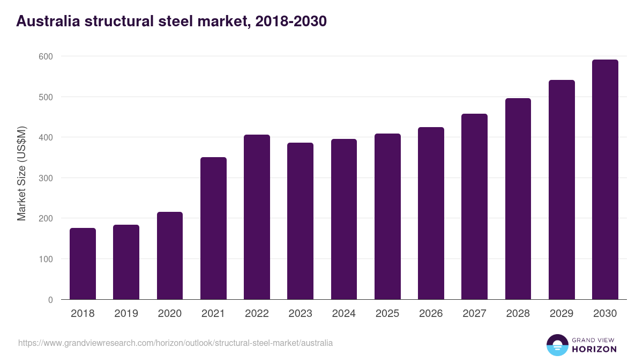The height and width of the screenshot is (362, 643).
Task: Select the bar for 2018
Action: (83, 264)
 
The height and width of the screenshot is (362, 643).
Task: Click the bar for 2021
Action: (213, 228)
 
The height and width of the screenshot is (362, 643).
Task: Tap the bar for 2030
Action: (605, 180)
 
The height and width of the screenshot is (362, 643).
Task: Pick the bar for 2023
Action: (300, 221)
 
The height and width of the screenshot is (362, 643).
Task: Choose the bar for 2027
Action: (474, 206)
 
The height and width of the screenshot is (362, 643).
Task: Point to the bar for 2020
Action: (170, 256)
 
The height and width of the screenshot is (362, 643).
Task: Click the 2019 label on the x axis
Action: (126, 314)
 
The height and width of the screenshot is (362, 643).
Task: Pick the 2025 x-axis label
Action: (387, 314)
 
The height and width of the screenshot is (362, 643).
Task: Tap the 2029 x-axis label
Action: (562, 314)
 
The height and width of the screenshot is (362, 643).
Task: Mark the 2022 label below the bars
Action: (257, 314)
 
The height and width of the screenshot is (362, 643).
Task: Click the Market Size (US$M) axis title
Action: (21, 174)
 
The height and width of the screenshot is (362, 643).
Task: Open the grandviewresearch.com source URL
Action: (176, 343)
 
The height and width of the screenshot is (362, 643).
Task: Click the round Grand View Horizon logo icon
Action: (557, 345)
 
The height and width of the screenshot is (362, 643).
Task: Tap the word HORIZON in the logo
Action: (594, 349)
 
